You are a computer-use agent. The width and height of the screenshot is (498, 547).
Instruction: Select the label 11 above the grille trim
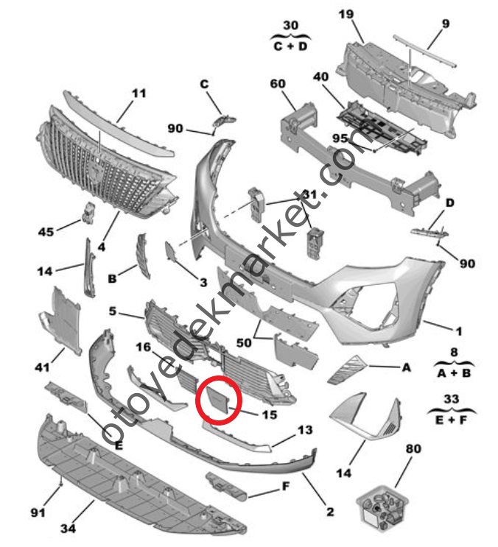(139, 93)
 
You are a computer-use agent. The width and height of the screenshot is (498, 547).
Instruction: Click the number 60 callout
(277, 84)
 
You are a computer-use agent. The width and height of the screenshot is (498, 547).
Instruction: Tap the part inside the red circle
(218, 399)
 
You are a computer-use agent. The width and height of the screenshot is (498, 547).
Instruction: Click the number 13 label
(304, 429)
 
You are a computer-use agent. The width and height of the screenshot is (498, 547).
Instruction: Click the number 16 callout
(142, 346)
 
